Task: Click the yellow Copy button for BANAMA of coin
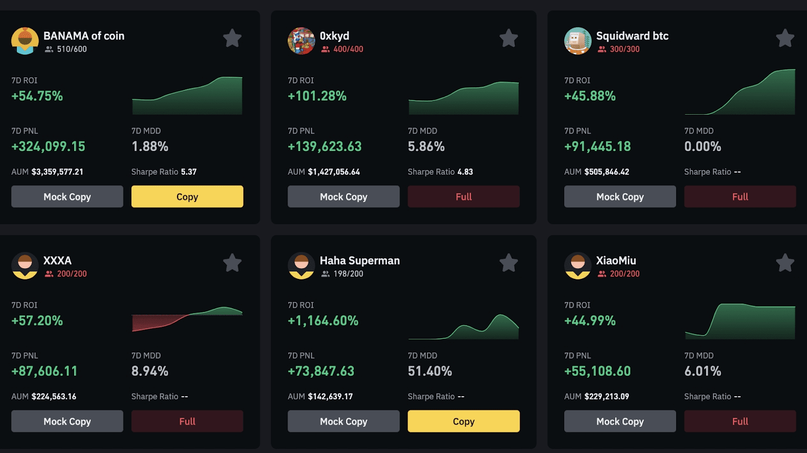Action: (x=187, y=196)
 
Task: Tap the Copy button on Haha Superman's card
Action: (x=463, y=421)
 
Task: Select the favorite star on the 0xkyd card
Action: (x=508, y=38)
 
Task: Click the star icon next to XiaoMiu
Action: (x=785, y=263)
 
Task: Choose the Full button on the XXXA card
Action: (x=187, y=421)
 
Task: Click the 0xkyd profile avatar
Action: (x=301, y=41)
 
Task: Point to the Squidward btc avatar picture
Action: (x=578, y=41)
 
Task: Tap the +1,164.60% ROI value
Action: (x=323, y=320)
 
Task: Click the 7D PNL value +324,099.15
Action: (x=48, y=146)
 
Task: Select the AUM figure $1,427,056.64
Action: (x=334, y=172)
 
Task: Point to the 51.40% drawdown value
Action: (x=430, y=371)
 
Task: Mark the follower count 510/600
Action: (x=71, y=49)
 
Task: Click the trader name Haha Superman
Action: (x=360, y=260)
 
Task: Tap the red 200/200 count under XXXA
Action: (x=71, y=274)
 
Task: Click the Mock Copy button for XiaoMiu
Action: (x=620, y=421)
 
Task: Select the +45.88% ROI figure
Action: (x=590, y=96)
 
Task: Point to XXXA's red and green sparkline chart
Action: (x=187, y=319)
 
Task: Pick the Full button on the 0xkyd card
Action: (x=463, y=196)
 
